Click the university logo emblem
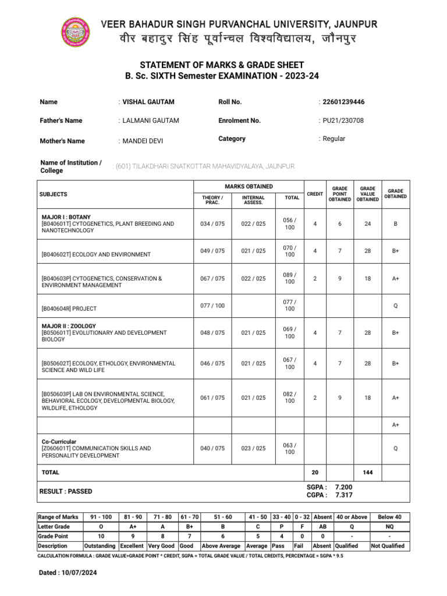(x=76, y=32)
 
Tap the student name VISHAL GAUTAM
(x=148, y=102)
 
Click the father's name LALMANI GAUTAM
(x=150, y=120)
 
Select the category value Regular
(x=334, y=139)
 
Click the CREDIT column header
(x=315, y=194)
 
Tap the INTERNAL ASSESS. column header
(x=253, y=200)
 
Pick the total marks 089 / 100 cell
(x=290, y=278)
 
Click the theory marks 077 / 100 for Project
(x=212, y=306)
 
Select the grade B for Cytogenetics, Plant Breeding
(x=396, y=223)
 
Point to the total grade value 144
(x=367, y=473)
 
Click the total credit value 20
(x=315, y=473)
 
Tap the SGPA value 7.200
(x=343, y=487)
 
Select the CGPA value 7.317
(x=343, y=495)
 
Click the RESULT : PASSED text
(x=65, y=491)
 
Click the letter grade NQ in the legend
(x=389, y=526)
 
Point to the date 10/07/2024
(x=77, y=573)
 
